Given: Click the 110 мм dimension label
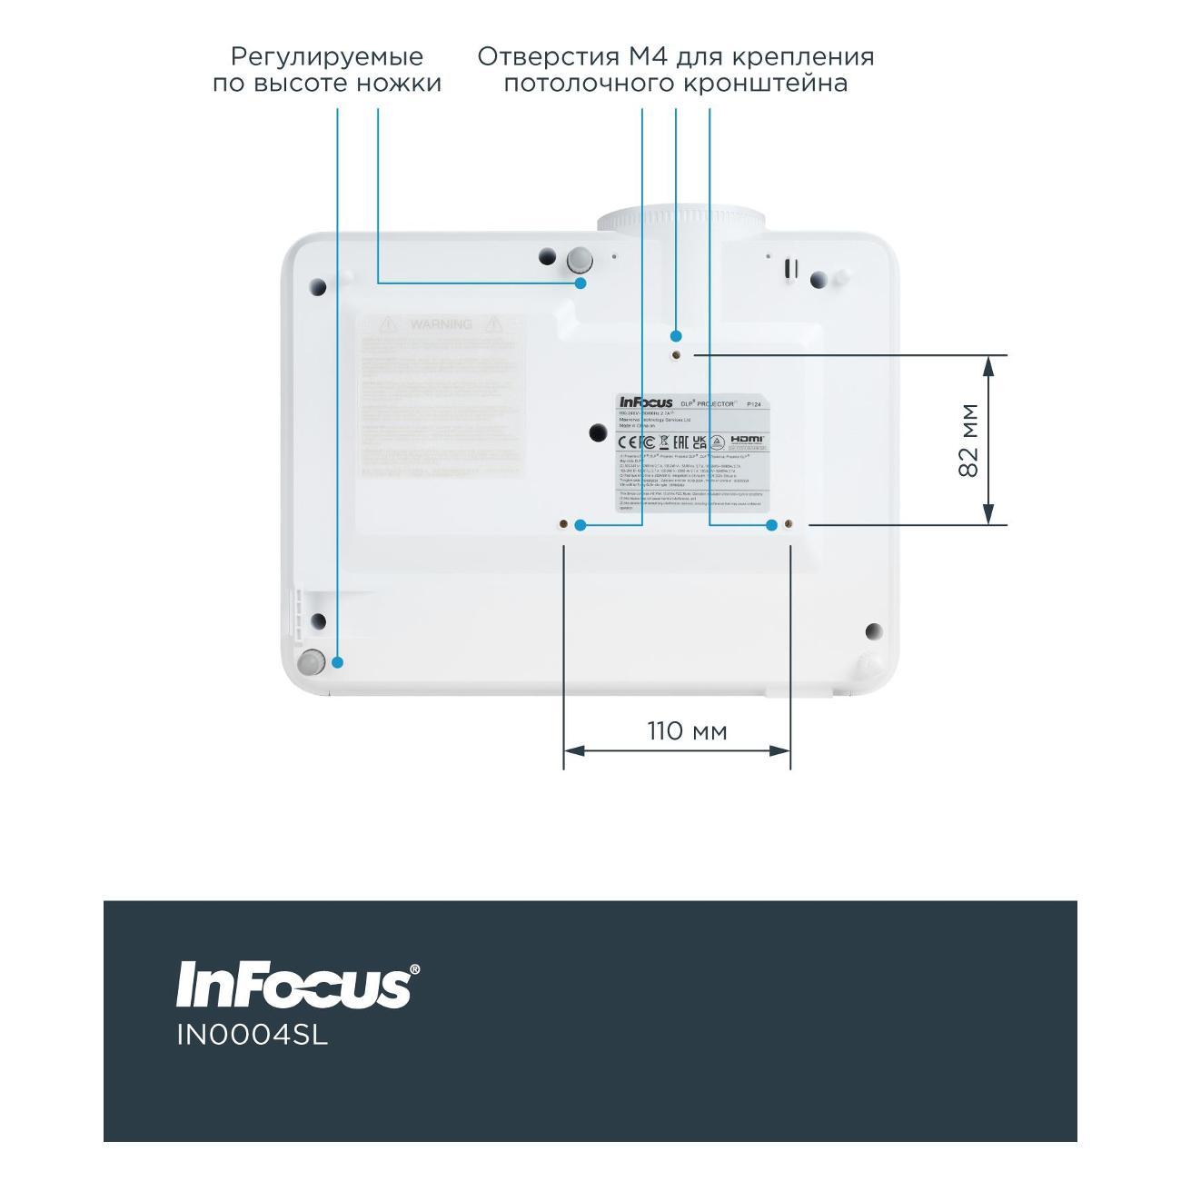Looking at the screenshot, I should (687, 730).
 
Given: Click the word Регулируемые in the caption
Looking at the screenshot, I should (326, 57).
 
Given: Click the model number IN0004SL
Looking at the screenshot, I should (252, 1036).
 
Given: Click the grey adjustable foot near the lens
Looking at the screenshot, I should (579, 261).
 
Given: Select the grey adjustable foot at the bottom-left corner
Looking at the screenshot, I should (312, 662).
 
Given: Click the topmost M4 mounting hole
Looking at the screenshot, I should (677, 355).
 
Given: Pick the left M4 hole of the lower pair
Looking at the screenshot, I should (564, 525).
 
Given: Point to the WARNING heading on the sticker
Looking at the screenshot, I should (441, 324).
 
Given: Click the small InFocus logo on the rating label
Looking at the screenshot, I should (646, 402).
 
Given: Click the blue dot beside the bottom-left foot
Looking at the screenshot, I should (337, 662).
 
